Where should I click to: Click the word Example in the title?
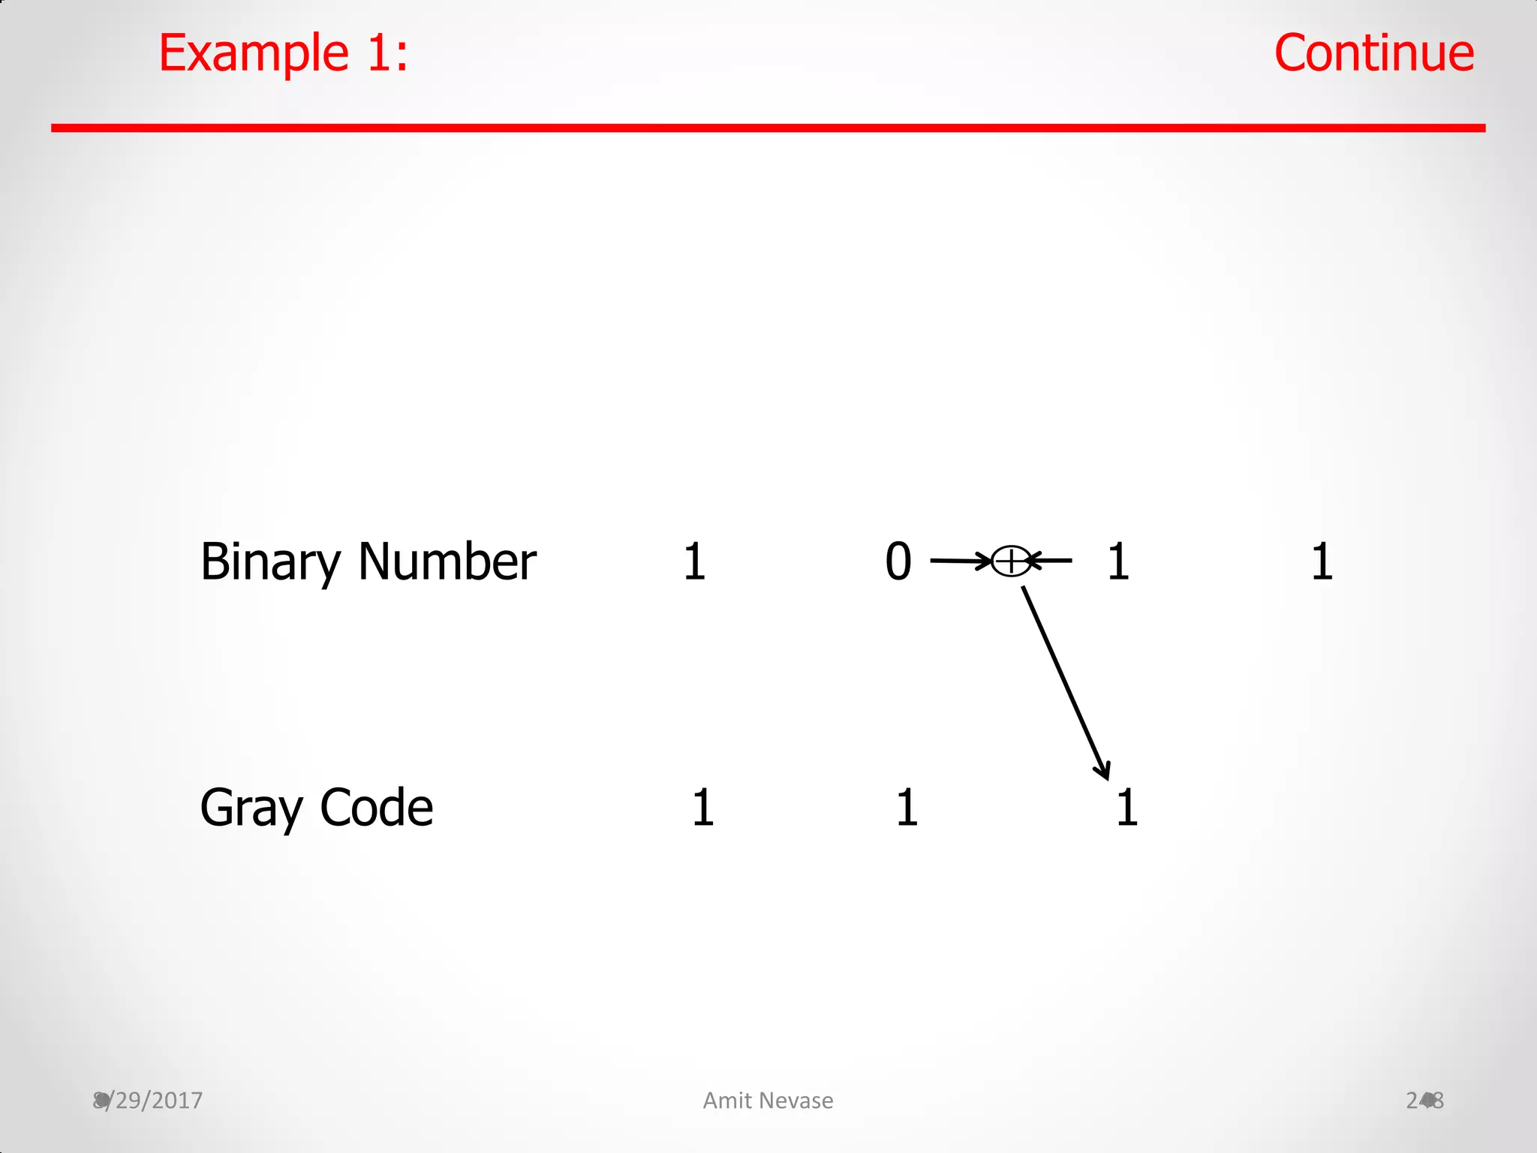(253, 54)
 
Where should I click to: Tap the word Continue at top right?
(1374, 54)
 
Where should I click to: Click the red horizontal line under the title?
(768, 128)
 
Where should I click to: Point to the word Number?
(447, 561)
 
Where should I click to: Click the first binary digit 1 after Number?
(694, 561)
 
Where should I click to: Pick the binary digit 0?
(898, 561)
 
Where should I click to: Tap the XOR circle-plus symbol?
(1010, 561)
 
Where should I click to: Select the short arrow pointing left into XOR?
(1051, 560)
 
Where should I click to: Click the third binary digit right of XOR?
(1118, 561)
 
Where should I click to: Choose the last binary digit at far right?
(1322, 561)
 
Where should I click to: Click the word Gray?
(251, 809)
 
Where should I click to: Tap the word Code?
(376, 808)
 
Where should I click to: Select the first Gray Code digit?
(702, 808)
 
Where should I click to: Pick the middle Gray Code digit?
(907, 808)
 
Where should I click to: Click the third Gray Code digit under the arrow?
(1126, 808)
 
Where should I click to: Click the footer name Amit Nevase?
(768, 1100)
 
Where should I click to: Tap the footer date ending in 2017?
(149, 1100)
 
